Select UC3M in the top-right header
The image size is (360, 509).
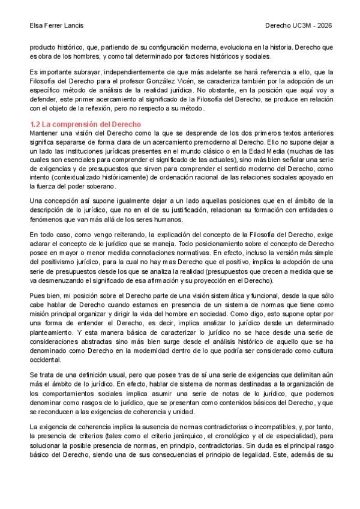click(301, 26)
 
